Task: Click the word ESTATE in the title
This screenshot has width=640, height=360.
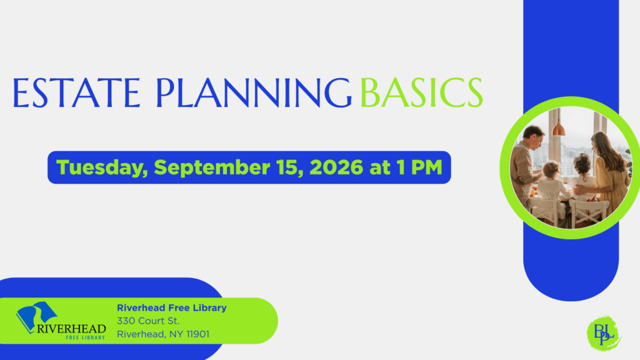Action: (x=77, y=93)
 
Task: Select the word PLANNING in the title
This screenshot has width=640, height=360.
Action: (x=254, y=93)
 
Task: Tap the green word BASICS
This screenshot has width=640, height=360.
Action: (x=422, y=93)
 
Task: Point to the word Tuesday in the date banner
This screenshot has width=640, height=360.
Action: (x=102, y=167)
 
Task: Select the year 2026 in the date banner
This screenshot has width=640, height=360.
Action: (x=336, y=167)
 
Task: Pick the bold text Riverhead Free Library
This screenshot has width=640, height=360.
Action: (x=172, y=307)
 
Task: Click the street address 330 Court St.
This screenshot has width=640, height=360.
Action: (x=148, y=321)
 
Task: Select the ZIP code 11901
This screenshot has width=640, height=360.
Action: (x=198, y=334)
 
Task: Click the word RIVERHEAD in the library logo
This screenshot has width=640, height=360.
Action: (x=71, y=329)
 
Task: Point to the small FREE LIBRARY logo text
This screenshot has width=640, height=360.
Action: (x=85, y=337)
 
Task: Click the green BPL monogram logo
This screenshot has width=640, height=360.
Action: (x=604, y=333)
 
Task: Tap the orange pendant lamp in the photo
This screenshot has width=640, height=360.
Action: (x=558, y=127)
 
